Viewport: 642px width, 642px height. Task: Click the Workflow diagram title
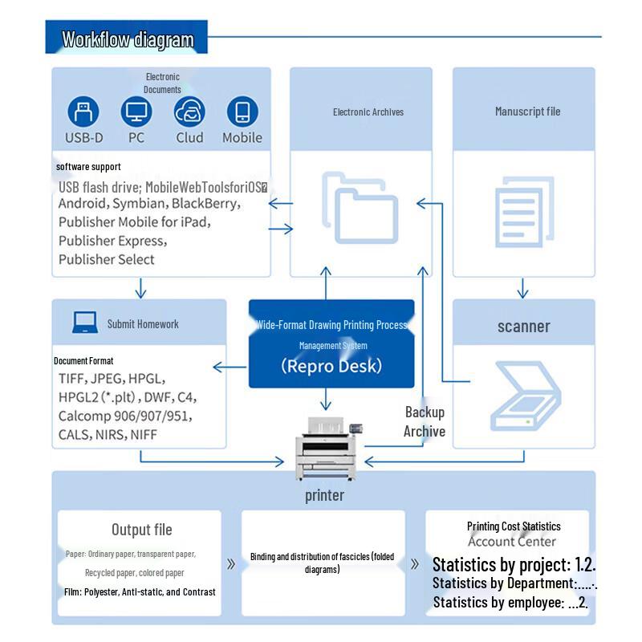(x=128, y=39)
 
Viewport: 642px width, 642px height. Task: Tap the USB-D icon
(x=83, y=112)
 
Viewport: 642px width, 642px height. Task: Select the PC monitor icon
(x=136, y=112)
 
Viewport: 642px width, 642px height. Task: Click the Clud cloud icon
(x=189, y=112)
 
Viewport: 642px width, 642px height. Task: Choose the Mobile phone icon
(x=242, y=112)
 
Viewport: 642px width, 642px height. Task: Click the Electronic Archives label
(x=368, y=112)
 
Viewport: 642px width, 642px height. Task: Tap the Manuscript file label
(x=527, y=112)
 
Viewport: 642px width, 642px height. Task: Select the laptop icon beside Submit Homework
(x=84, y=323)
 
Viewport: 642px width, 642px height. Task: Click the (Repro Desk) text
(x=331, y=366)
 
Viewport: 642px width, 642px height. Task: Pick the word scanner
(x=523, y=327)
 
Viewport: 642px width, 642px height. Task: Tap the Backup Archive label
(x=425, y=422)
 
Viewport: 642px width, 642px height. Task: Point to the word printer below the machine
(x=324, y=495)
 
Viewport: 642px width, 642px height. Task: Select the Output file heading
(x=141, y=530)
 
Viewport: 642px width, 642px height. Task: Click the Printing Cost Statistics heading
(x=514, y=526)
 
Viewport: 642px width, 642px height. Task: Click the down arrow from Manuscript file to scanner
(x=522, y=288)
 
